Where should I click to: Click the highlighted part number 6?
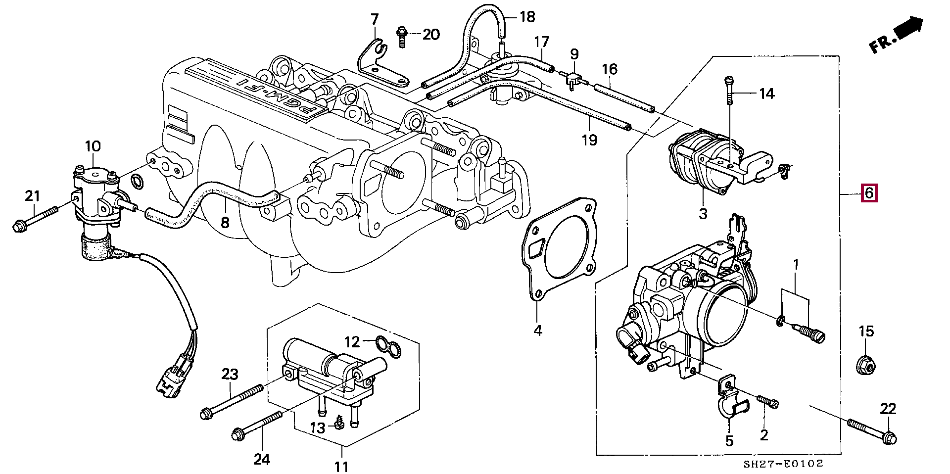tap(869, 193)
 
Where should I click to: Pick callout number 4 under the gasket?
tap(538, 330)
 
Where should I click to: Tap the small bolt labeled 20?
tap(402, 36)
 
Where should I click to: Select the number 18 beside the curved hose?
tap(527, 17)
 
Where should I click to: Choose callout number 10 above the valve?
tap(93, 146)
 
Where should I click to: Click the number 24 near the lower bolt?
tap(262, 460)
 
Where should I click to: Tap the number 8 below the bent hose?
tap(225, 223)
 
